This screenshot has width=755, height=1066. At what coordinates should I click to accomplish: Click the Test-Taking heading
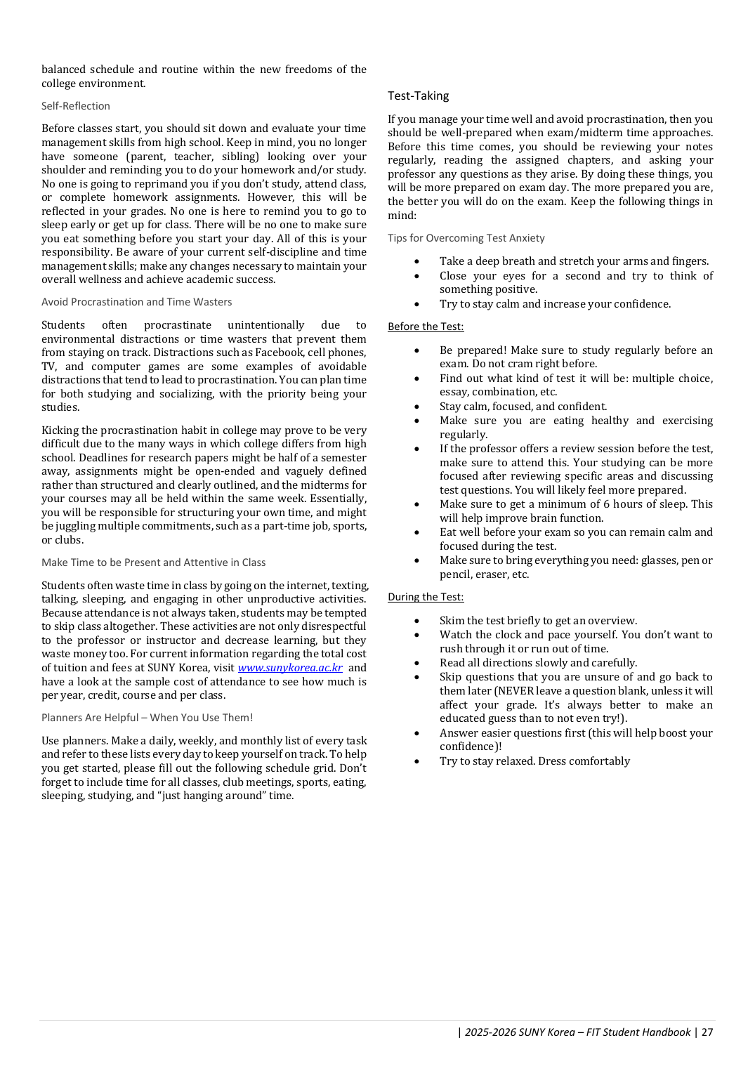pyautogui.click(x=418, y=96)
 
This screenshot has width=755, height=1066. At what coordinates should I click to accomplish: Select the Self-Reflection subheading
pyautogui.click(x=76, y=106)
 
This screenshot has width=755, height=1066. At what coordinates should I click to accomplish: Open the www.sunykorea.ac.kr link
pyautogui.click(x=290, y=668)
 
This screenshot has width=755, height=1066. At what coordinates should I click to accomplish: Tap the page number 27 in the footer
pyautogui.click(x=707, y=1032)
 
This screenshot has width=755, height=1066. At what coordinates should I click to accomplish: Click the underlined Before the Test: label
pyautogui.click(x=426, y=327)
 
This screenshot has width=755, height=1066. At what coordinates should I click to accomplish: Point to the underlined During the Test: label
pyautogui.click(x=426, y=597)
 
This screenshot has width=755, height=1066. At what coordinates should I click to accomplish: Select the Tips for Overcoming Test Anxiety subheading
pyautogui.click(x=466, y=238)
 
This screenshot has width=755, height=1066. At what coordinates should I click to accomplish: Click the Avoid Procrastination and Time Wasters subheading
pyautogui.click(x=136, y=302)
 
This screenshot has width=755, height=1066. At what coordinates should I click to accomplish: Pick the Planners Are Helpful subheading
pyautogui.click(x=147, y=718)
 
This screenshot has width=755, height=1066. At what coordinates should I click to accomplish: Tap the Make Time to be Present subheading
pyautogui.click(x=153, y=562)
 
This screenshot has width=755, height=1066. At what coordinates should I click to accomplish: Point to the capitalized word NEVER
pyautogui.click(x=516, y=691)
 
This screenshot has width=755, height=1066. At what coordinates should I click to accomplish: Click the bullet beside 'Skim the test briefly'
pyautogui.click(x=417, y=621)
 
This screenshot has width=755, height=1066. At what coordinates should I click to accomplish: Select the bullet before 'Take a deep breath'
pyautogui.click(x=417, y=261)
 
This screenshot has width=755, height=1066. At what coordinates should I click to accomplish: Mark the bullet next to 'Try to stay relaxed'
pyautogui.click(x=417, y=762)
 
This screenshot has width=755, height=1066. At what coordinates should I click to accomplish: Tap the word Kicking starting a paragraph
pyautogui.click(x=60, y=430)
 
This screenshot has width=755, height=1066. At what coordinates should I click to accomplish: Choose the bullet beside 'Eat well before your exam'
pyautogui.click(x=417, y=532)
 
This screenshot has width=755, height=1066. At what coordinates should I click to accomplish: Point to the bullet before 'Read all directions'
pyautogui.click(x=417, y=663)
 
